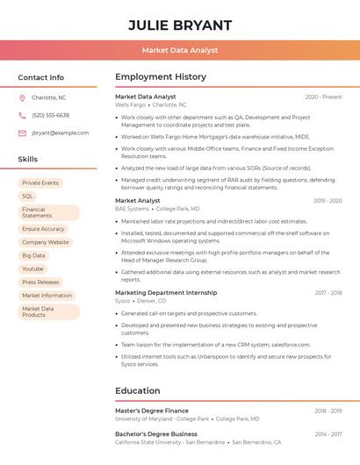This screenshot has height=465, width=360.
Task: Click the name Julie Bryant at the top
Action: coord(180,25)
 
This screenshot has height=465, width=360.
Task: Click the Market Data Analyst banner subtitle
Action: coord(180,50)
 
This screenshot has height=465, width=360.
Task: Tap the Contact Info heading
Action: coord(41,77)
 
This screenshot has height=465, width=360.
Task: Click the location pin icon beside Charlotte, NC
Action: coord(22,97)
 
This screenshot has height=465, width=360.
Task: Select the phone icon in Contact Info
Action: coord(22,115)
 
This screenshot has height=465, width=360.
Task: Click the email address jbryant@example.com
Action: coord(61,132)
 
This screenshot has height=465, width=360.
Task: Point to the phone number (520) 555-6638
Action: coord(50,115)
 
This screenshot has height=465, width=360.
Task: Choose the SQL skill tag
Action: coord(27,196)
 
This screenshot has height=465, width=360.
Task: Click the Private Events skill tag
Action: coord(40,182)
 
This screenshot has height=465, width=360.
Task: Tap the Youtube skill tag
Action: coord(32,268)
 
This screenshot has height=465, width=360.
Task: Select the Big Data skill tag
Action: coord(33,255)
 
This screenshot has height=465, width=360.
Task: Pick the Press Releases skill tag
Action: coord(40,282)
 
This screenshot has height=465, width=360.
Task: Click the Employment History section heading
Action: coord(161,77)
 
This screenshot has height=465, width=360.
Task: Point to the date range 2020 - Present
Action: coord(323,97)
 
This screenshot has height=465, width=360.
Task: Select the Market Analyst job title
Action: coord(138,201)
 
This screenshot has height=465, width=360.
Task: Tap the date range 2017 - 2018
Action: coord(328,292)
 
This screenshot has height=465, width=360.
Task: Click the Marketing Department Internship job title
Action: coord(166,292)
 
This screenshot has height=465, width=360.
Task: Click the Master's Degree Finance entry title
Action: coord(152,411)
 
